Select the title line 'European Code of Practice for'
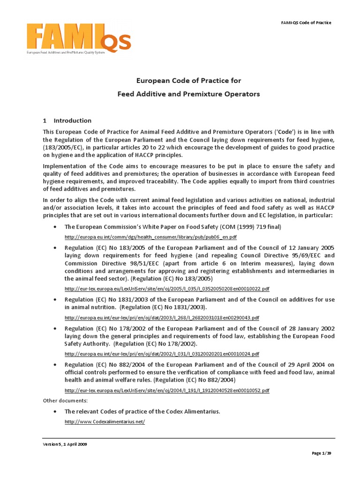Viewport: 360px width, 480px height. pyautogui.click(x=188, y=81)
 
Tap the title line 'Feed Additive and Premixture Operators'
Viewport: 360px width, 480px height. pyautogui.click(x=188, y=94)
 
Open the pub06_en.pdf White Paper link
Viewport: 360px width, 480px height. pyautogui.click(x=150, y=237)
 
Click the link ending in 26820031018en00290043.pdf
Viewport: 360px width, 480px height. pyautogui.click(x=162, y=317)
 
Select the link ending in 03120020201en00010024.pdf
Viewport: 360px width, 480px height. pyautogui.click(x=162, y=353)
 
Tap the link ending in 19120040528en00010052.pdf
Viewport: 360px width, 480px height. pyautogui.click(x=167, y=390)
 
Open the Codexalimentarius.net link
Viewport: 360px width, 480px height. pyautogui.click(x=105, y=422)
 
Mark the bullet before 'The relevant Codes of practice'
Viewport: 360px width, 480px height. pyautogui.click(x=55, y=412)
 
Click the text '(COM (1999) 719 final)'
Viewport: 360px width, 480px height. pyautogui.click(x=251, y=227)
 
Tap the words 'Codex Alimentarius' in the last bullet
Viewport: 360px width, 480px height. pyautogui.click(x=191, y=412)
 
